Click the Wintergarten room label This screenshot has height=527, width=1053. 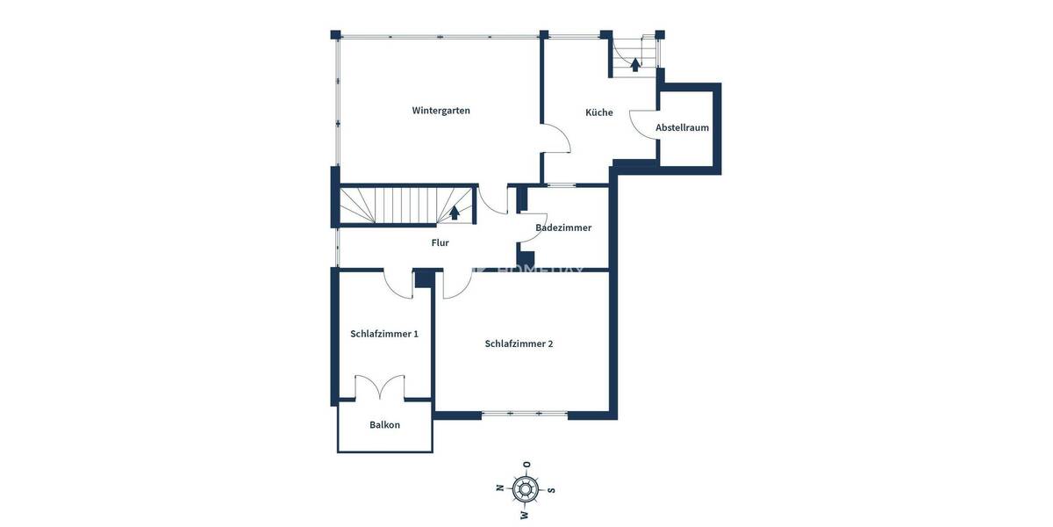pos(441,111)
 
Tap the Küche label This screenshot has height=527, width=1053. pos(599,112)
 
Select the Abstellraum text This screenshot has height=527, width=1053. pos(682,127)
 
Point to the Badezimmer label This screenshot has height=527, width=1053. pos(563,227)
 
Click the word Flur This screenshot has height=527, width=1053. pos(440,242)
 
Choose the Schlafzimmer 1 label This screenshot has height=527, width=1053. pos(384,334)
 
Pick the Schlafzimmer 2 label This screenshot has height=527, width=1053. pos(519,343)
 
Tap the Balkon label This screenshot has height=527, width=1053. pos(384,425)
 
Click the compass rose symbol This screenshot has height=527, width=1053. pos(526,488)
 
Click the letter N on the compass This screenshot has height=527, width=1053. pos(499,487)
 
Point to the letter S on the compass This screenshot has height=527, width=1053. pos(552,490)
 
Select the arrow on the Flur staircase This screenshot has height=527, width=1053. pos(455,212)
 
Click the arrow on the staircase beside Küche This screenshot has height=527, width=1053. pos(635,63)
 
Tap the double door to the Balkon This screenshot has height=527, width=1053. pos(380,387)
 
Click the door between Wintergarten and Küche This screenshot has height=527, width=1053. pos(557,139)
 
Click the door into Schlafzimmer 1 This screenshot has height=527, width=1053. pos(398,281)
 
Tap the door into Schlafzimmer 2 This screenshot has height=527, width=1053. pos(456,283)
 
